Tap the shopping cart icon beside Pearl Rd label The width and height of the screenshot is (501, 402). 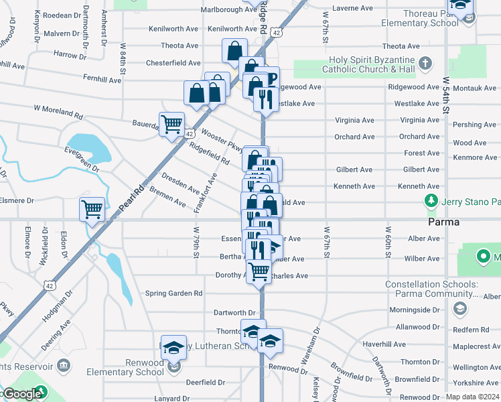coord(92,209)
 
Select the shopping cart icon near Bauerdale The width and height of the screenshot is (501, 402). coord(171,124)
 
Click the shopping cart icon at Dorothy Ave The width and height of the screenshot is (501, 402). coord(259,271)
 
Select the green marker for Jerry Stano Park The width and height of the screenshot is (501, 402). coord(431,201)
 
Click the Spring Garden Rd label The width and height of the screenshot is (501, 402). coord(174,293)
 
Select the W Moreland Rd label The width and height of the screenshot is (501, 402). coord(58,111)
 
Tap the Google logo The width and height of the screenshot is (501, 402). coord(21,395)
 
